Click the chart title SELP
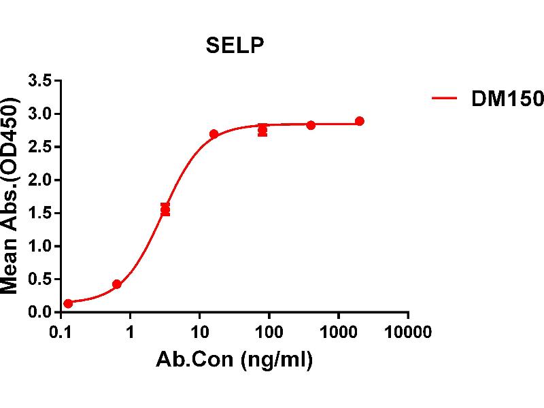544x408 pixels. [x=235, y=46]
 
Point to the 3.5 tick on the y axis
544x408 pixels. [x=39, y=82]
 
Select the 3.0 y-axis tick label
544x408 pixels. [x=39, y=114]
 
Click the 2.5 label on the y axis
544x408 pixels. [x=39, y=148]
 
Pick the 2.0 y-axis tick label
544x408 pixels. [x=39, y=180]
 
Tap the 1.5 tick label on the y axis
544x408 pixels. [x=39, y=214]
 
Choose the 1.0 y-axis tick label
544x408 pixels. [x=39, y=246]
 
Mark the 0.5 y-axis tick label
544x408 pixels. [x=39, y=279]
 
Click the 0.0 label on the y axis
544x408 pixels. [x=39, y=312]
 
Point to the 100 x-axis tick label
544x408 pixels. [x=269, y=332]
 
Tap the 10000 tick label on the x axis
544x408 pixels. [x=407, y=332]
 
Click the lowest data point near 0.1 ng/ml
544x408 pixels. [x=68, y=303]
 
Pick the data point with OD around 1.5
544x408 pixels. [x=165, y=209]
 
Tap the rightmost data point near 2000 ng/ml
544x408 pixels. [x=360, y=122]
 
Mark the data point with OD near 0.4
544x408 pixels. [x=117, y=284]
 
